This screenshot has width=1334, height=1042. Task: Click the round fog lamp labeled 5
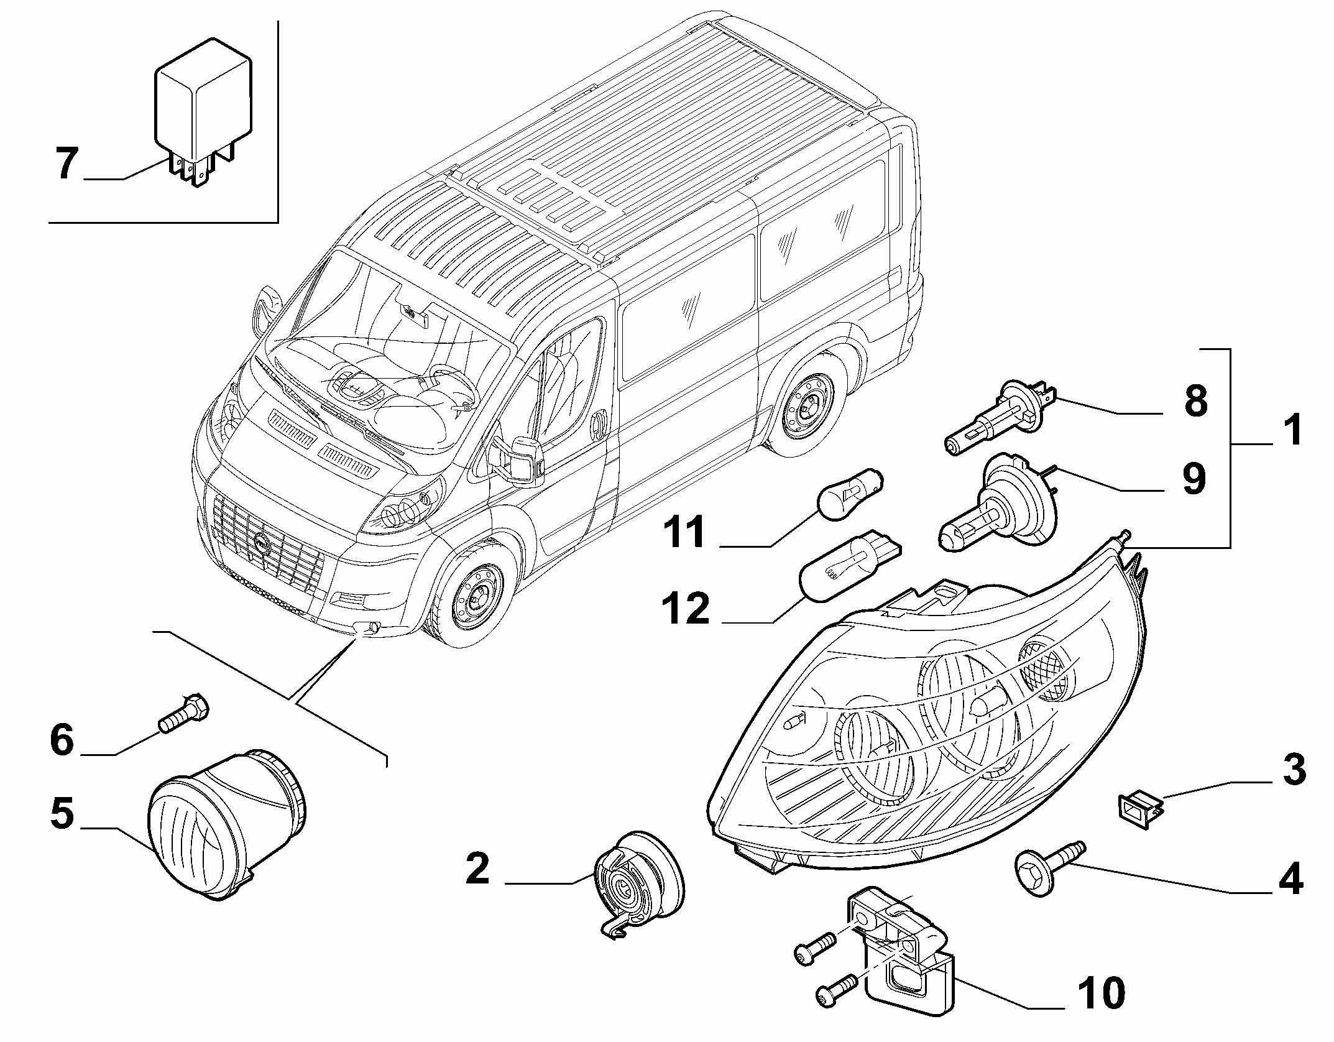(x=229, y=824)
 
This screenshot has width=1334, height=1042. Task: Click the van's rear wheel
(x=805, y=407)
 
